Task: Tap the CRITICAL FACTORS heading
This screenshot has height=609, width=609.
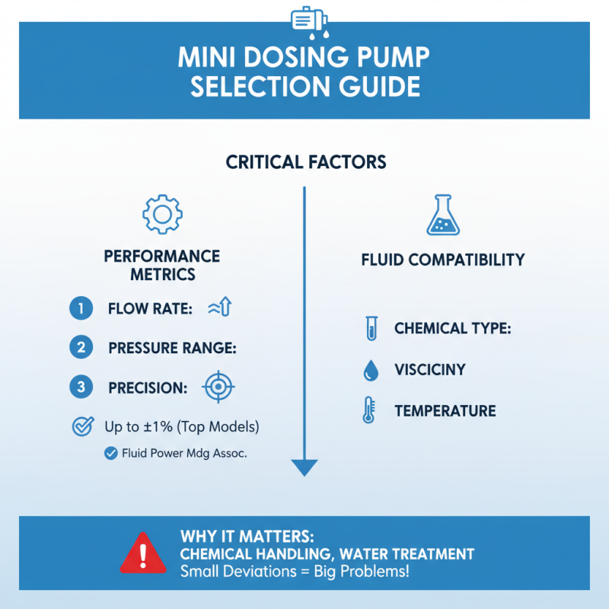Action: click(x=305, y=162)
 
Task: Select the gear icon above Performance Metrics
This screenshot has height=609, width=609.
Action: click(x=162, y=215)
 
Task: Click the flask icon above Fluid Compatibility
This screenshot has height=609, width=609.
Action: click(x=443, y=215)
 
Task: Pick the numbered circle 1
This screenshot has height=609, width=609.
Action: click(x=80, y=308)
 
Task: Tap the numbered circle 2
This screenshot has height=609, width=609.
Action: click(x=80, y=348)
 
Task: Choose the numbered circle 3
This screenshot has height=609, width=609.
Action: click(x=80, y=387)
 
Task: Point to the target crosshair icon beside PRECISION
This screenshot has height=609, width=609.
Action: click(x=218, y=387)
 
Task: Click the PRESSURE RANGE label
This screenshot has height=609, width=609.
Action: click(x=173, y=349)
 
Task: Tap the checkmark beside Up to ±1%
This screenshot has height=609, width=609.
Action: click(x=81, y=426)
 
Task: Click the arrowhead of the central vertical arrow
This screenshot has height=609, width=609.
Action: click(x=304, y=467)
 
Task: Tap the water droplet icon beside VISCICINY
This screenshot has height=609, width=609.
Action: click(x=371, y=371)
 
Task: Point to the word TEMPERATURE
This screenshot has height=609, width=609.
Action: click(x=445, y=412)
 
